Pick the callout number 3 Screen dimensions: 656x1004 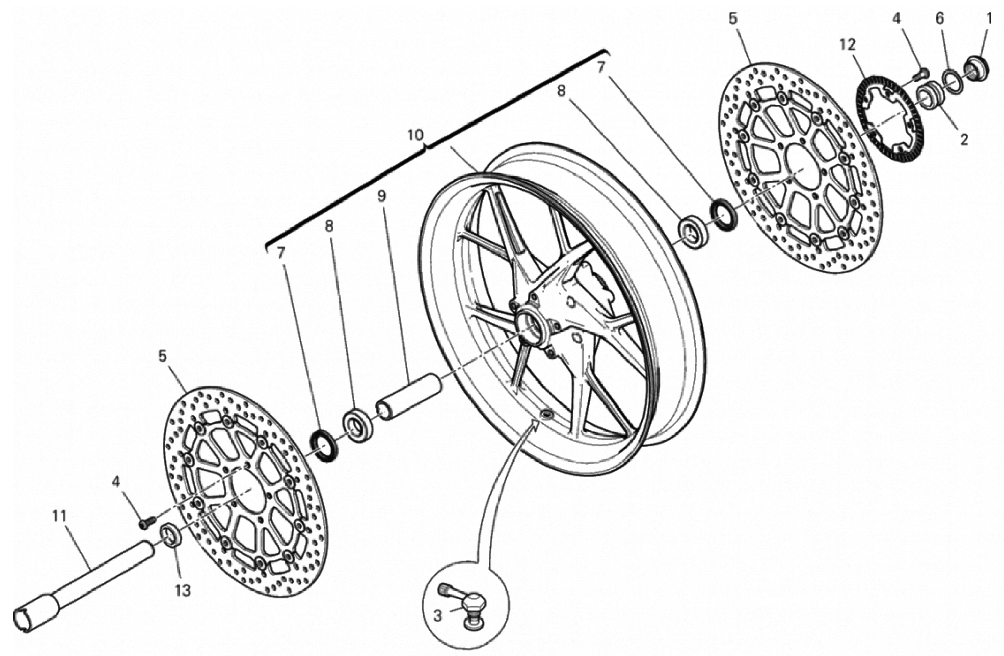point(438,616)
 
